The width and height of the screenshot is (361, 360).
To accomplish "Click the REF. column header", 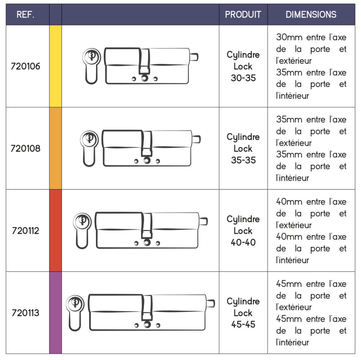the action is (25, 15).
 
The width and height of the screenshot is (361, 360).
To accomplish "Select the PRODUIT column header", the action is (243, 15).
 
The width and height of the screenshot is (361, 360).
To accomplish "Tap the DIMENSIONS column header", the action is (311, 15).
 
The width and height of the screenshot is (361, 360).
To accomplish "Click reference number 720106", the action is (25, 66).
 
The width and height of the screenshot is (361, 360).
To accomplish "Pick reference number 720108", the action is (25, 148).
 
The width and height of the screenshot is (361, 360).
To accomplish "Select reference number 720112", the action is (25, 230).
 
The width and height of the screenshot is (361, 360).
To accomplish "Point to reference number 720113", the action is (25, 313).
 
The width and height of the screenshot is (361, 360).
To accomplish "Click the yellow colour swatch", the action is (55, 66).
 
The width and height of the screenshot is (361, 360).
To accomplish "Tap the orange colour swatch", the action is (55, 148).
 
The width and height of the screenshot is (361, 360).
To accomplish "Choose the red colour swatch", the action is (55, 230).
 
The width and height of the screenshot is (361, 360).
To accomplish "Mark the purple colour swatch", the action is (55, 312).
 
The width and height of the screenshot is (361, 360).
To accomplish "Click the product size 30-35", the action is (243, 78).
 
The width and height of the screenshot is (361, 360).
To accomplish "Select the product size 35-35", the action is (243, 160).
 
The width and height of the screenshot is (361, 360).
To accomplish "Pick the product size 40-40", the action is (243, 242).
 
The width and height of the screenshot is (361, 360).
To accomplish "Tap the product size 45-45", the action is (243, 324).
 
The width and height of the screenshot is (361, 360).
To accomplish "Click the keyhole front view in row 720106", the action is (92, 66).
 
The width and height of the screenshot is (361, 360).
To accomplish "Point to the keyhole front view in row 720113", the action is (75, 313).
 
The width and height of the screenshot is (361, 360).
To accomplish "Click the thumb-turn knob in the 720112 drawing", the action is (203, 221).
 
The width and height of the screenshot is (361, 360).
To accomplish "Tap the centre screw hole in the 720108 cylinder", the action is (147, 160).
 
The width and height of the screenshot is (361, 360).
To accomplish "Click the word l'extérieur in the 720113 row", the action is (294, 307).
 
